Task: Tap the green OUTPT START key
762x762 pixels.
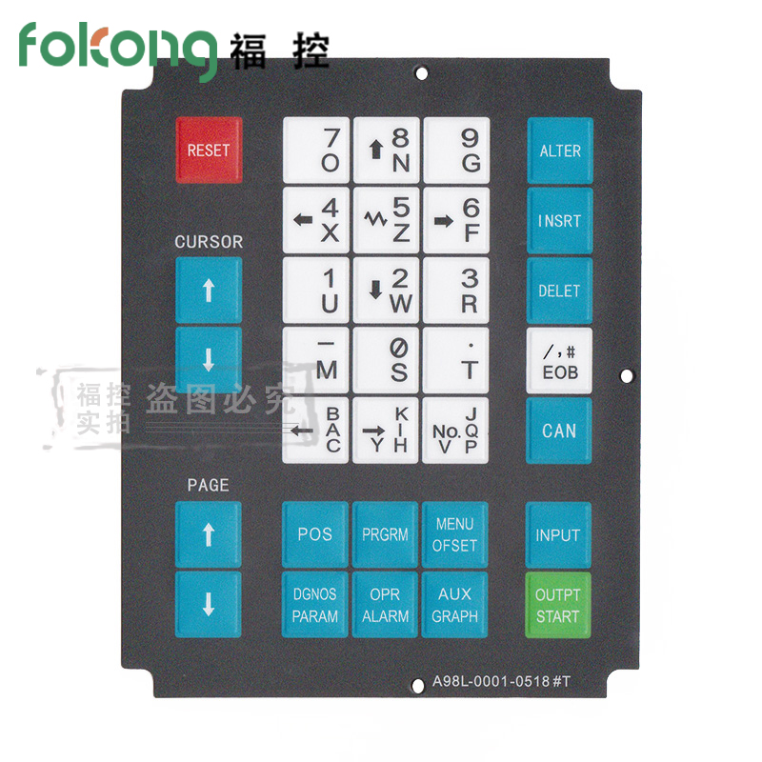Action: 558,605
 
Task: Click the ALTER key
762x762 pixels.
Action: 560,150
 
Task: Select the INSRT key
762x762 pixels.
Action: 560,221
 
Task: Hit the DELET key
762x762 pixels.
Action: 560,291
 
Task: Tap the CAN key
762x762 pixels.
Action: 559,431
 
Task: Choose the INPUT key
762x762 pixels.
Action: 558,535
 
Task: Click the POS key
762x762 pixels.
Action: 315,534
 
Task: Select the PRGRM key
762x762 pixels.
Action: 385,534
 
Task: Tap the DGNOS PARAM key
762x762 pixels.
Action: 315,605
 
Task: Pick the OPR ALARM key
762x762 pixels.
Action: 385,605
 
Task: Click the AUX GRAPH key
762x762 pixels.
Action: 454,605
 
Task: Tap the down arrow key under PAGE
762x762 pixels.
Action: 209,605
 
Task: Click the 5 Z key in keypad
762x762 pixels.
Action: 386,220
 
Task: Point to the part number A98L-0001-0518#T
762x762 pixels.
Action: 507,681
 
